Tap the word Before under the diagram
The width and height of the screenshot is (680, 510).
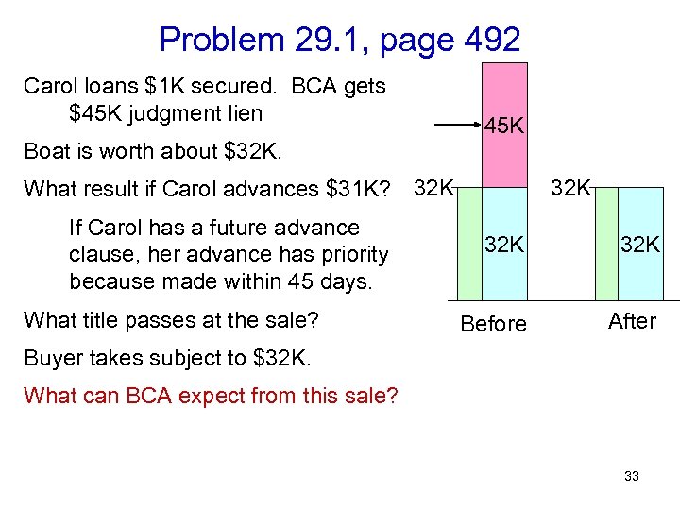493,324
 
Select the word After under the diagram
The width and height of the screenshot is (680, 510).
632,321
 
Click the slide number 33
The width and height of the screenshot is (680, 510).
632,476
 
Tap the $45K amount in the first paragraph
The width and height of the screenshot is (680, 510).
97,113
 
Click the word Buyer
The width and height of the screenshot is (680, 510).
53,358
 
